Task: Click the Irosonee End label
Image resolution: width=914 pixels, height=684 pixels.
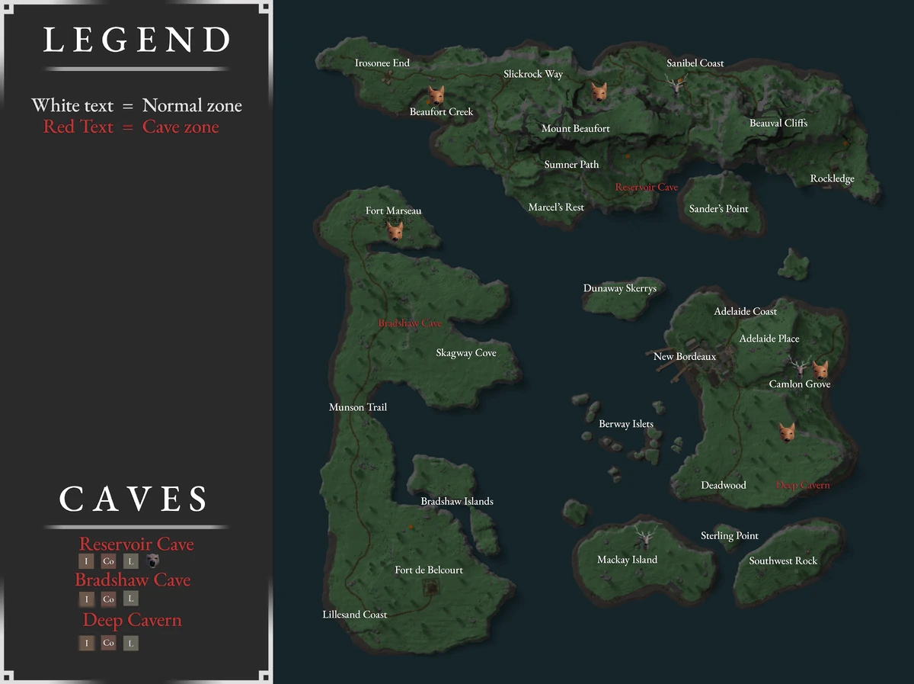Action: click(x=382, y=63)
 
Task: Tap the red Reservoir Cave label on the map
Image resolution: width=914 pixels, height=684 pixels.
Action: click(x=647, y=187)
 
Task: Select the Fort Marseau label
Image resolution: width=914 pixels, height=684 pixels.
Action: click(x=393, y=210)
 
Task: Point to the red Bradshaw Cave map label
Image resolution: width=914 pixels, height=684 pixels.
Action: click(x=410, y=323)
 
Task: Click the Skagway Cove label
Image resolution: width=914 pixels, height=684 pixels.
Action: click(x=466, y=353)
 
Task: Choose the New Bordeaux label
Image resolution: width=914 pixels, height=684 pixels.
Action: click(x=685, y=356)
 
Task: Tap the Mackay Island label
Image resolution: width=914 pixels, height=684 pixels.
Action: click(x=627, y=560)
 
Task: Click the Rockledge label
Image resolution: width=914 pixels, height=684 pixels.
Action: click(x=832, y=179)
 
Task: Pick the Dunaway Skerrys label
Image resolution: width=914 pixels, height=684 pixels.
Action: click(x=620, y=288)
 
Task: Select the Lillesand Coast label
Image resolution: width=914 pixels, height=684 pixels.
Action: click(x=354, y=615)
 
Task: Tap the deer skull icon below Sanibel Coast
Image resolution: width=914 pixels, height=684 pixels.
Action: click(x=676, y=83)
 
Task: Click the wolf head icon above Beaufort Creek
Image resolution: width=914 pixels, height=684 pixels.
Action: click(x=435, y=95)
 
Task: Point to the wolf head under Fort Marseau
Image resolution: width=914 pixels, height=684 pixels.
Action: click(x=395, y=230)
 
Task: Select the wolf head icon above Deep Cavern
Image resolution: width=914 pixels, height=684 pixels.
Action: click(x=787, y=432)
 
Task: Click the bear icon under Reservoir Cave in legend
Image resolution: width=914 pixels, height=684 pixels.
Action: click(x=154, y=561)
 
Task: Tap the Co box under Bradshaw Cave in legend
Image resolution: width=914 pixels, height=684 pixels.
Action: click(x=108, y=599)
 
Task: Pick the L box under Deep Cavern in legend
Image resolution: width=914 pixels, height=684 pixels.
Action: click(x=131, y=644)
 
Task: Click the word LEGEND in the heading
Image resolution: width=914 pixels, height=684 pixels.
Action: click(x=137, y=40)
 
